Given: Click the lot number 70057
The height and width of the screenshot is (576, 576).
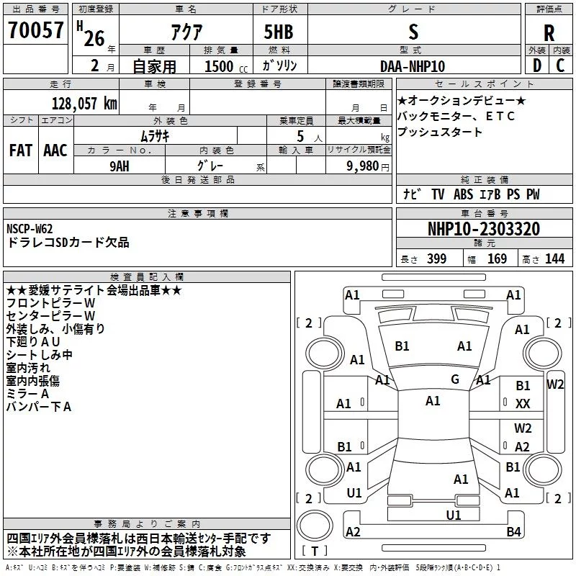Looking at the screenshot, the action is coord(35,30).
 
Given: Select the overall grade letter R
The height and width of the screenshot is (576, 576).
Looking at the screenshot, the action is coord(549,33).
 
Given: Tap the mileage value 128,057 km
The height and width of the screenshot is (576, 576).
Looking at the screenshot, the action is coord(84,104).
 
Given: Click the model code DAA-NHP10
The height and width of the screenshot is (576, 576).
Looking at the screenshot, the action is coord(413,66).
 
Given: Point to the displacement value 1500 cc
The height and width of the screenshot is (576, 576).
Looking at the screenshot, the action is coord(226,66).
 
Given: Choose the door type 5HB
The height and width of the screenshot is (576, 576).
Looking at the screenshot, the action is coord(279,32).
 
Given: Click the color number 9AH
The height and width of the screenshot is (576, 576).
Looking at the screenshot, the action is coord(120,166).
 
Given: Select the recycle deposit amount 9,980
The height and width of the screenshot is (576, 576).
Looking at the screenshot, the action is coord(363,166).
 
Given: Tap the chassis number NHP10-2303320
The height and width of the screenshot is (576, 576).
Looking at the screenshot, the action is coord(484,228).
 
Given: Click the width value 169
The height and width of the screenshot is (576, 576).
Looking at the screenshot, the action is coord(497,258).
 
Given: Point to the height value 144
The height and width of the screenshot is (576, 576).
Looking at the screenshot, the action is coord(554,258).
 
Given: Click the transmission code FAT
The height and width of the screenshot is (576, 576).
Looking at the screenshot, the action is coord(21,150).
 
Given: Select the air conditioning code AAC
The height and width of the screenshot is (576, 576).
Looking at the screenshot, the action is coord(55,150).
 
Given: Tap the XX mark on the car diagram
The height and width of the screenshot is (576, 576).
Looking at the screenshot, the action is coord(523,404).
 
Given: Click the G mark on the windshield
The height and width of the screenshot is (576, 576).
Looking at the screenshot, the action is coord(455,379).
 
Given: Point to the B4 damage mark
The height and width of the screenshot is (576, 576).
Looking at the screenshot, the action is coord(513,531).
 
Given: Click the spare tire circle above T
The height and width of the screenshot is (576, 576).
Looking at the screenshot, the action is coord(315,525).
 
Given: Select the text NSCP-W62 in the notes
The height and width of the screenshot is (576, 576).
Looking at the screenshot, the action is coord(30,228).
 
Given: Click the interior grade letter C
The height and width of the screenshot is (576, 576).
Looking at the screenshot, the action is coord(560,66).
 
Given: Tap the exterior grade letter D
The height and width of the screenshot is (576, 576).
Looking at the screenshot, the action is coord(537,66).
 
